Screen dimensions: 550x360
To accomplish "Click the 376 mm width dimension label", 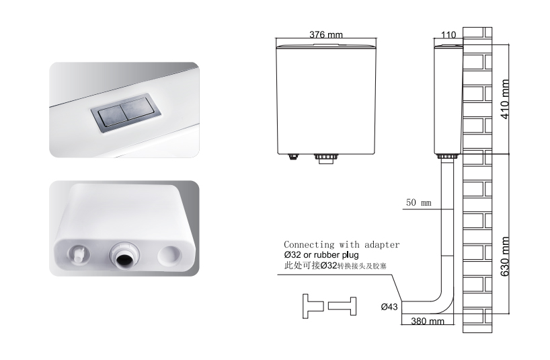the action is pyautogui.click(x=326, y=34).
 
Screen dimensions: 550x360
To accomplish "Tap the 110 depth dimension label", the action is pyautogui.click(x=448, y=35).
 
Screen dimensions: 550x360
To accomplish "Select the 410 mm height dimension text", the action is pyautogui.click(x=505, y=99).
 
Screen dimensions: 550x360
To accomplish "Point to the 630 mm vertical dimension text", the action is pyautogui.click(x=505, y=256).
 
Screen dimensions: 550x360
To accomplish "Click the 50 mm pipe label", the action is pyautogui.click(x=418, y=203).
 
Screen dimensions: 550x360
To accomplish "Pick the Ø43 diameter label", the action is pyautogui.click(x=389, y=307).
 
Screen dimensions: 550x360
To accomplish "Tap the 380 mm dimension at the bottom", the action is pyautogui.click(x=427, y=321).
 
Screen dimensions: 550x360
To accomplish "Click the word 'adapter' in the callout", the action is pyautogui.click(x=382, y=244).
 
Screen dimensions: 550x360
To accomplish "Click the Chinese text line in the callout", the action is pyautogui.click(x=335, y=266).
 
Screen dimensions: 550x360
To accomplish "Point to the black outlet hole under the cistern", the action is pyautogui.click(x=124, y=260).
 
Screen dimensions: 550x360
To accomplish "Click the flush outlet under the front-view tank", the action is pyautogui.click(x=326, y=159).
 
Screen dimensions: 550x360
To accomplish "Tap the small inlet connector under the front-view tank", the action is pyautogui.click(x=292, y=157).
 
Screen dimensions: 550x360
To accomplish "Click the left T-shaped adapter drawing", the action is pyautogui.click(x=313, y=306).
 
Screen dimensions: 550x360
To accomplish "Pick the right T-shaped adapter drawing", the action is pyautogui.click(x=342, y=306).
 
